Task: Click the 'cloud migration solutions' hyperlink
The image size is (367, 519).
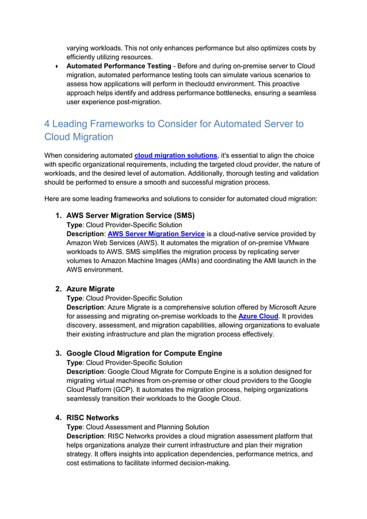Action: [x=175, y=155]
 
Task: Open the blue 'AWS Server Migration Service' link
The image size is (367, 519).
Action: [x=156, y=234]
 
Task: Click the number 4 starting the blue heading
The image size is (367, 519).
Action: [x=48, y=124]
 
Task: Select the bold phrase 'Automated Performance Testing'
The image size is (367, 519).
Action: [x=119, y=66]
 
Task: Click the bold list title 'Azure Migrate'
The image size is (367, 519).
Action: [x=90, y=289]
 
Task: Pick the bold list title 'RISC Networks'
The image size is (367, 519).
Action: [x=93, y=418]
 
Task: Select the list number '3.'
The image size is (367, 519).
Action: [x=59, y=353]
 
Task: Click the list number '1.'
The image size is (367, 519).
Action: [x=59, y=216]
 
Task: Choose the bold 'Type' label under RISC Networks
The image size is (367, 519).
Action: [x=75, y=428]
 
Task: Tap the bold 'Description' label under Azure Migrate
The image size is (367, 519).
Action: [x=85, y=307]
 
